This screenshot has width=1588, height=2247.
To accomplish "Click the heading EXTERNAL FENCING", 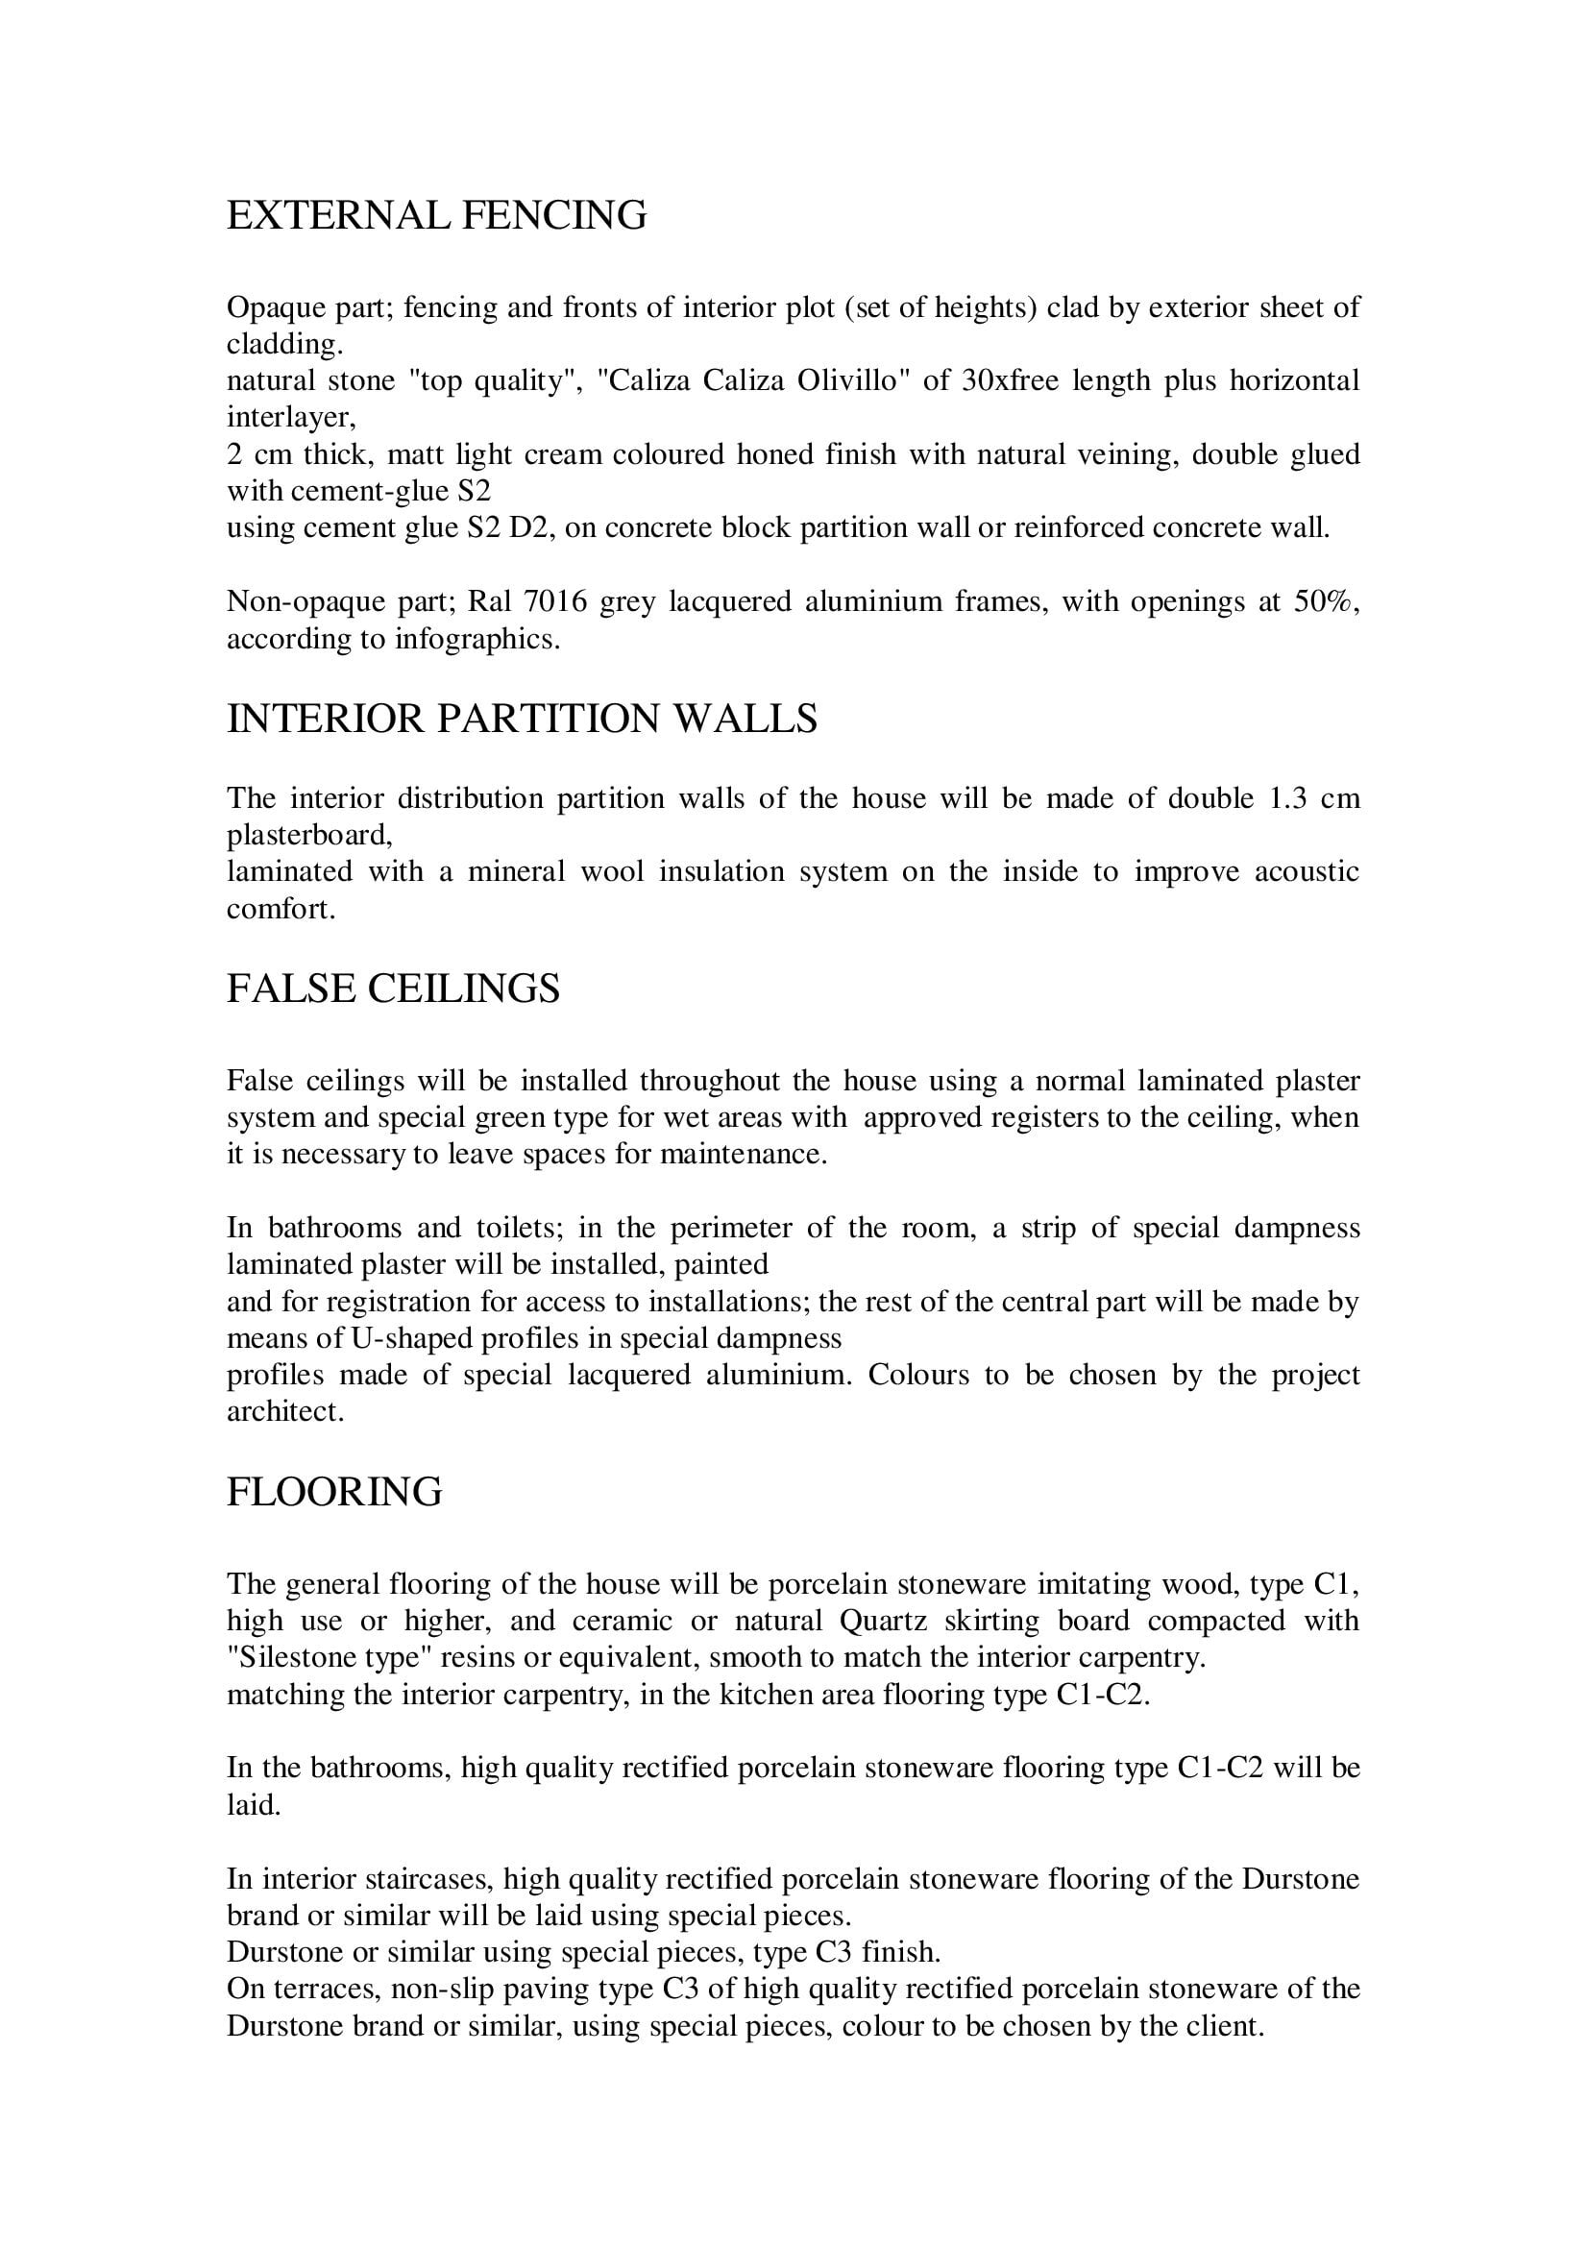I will pos(436,215).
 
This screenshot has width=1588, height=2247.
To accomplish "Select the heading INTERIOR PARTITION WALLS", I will pos(522,720).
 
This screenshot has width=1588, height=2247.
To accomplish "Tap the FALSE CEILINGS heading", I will pos(393,989).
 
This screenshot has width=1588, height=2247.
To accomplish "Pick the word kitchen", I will pos(762,1695).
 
